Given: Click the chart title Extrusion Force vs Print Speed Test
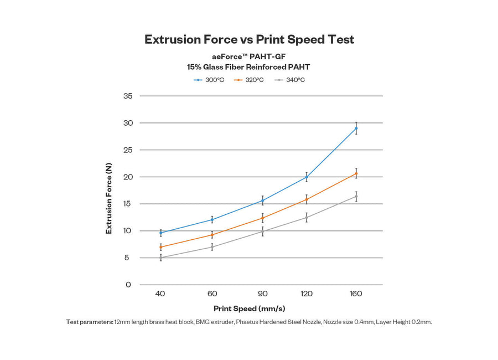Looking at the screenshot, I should pyautogui.click(x=249, y=39).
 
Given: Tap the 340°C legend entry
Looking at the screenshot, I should pyautogui.click(x=289, y=80).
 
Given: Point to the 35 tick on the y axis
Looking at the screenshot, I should pyautogui.click(x=128, y=96).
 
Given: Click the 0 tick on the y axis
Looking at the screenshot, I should pyautogui.click(x=128, y=285).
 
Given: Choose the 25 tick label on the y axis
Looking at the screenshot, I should pyautogui.click(x=128, y=150).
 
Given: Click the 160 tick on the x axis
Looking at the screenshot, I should pyautogui.click(x=356, y=294).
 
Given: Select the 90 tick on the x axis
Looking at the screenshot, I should pyautogui.click(x=263, y=294).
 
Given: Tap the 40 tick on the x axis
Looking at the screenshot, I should pyautogui.click(x=160, y=294).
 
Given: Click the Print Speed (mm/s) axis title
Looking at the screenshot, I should pyautogui.click(x=249, y=308).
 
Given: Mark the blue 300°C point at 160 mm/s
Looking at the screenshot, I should pyautogui.click(x=356, y=128).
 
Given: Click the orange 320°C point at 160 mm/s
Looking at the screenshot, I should pyautogui.click(x=356, y=173).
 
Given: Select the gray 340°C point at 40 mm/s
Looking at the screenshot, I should pyautogui.click(x=160, y=258).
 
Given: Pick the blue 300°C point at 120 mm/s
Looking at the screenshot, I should pyautogui.click(x=307, y=177).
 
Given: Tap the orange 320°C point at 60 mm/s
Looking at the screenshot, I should pyautogui.click(x=212, y=235).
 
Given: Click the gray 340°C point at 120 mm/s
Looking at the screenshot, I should pyautogui.click(x=307, y=218).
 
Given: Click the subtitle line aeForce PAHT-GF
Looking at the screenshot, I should pyautogui.click(x=249, y=56).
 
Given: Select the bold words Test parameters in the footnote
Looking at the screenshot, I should pyautogui.click(x=90, y=322).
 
